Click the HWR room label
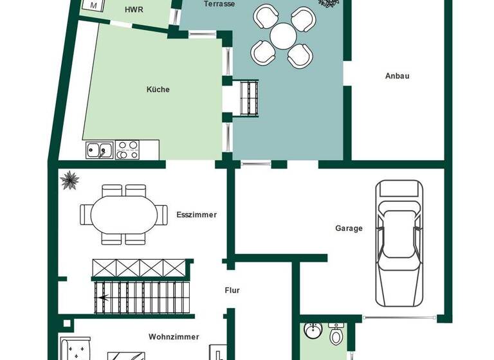tap(134, 10)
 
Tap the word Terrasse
tap(219, 4)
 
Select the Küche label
tap(158, 89)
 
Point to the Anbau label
tap(397, 76)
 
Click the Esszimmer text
tap(196, 215)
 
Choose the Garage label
tap(349, 228)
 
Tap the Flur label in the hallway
tap(232, 291)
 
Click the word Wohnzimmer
tap(174, 337)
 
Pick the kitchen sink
tap(99, 150)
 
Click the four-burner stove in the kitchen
tap(127, 150)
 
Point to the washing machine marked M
tap(95, 5)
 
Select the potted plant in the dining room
tap(69, 180)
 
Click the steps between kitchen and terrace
tap(248, 98)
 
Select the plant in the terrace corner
tap(328, 3)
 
